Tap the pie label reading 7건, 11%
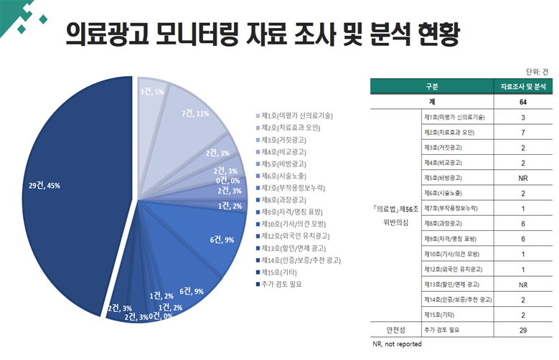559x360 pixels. point(195,113)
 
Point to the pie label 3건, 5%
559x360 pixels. point(151,92)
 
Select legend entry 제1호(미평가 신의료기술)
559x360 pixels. point(296,115)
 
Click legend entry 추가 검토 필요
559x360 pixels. point(281,284)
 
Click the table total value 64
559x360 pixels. point(523,102)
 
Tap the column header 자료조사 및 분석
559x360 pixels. point(523,86)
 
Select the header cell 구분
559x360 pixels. point(431,86)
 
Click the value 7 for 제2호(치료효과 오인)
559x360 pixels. point(523,133)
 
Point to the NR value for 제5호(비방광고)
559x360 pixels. point(523,178)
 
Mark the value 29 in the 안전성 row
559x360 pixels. point(523,330)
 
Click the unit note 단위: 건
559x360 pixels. point(537,72)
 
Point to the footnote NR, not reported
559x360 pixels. point(398,345)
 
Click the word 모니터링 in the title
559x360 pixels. point(195,34)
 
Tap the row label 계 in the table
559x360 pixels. point(432,102)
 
